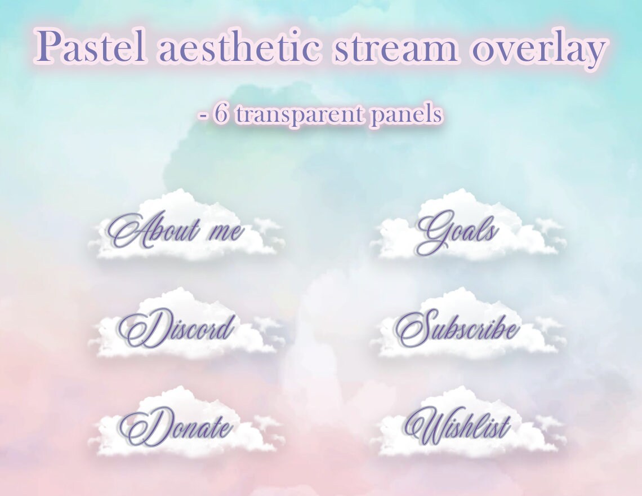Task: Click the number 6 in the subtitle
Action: coord(221,115)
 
